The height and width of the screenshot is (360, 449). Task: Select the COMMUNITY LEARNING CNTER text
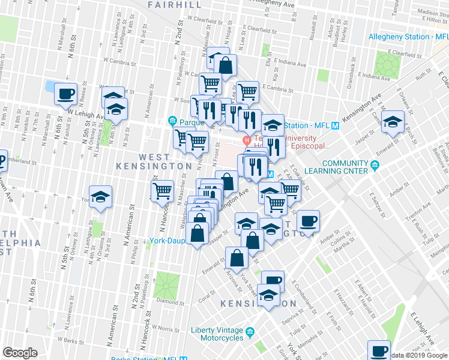pos(344,167)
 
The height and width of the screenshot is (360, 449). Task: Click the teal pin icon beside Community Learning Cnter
pos(376,164)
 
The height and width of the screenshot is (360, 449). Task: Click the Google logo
pos(20,353)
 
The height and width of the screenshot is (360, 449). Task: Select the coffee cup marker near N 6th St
pos(65,94)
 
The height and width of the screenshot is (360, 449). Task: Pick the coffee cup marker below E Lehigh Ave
pos(379,350)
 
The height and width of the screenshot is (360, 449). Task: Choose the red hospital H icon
pos(246,140)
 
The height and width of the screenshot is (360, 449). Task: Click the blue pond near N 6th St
pos(50,86)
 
